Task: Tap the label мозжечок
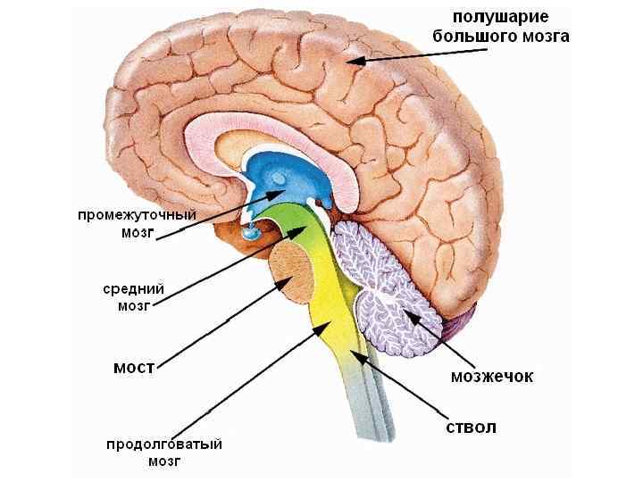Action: [x=492, y=377]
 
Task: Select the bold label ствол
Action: [x=471, y=427]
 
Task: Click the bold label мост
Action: [x=135, y=367]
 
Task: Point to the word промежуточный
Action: [x=136, y=215]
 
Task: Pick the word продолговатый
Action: [x=164, y=444]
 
